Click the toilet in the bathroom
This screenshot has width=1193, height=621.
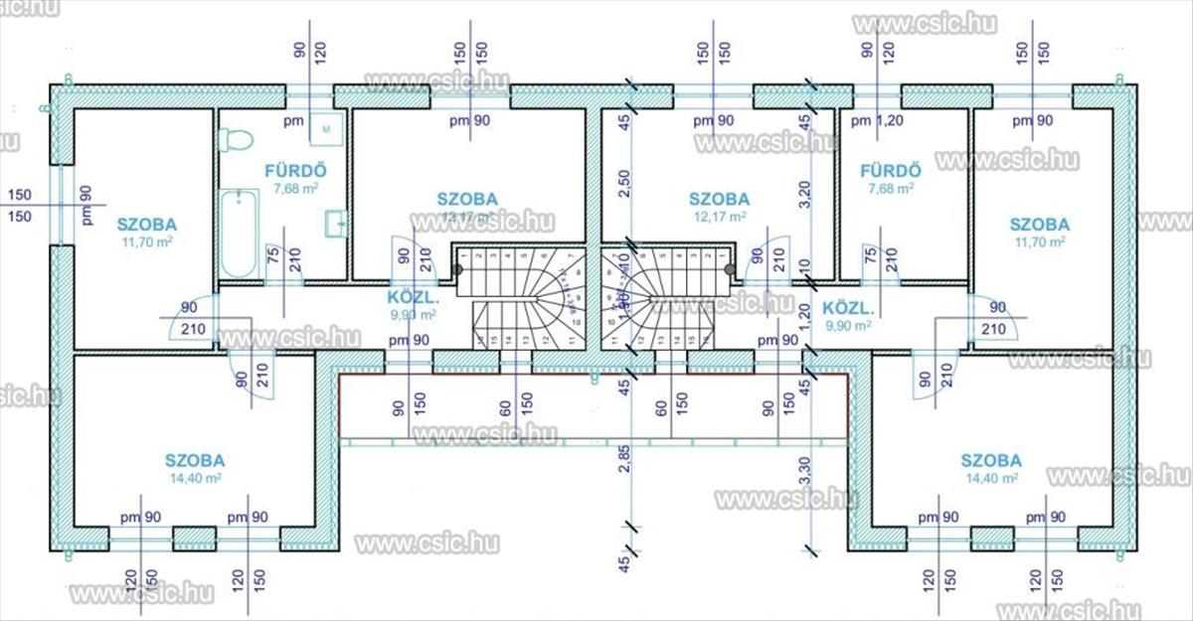[x=235, y=141]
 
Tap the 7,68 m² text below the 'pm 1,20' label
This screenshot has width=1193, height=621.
[x=891, y=187]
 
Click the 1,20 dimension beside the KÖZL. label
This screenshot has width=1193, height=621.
[x=804, y=316]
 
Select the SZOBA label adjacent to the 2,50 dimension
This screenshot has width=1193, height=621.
[x=719, y=199]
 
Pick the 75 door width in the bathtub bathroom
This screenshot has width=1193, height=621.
[x=272, y=257]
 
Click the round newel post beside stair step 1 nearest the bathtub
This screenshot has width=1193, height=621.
[x=460, y=267]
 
